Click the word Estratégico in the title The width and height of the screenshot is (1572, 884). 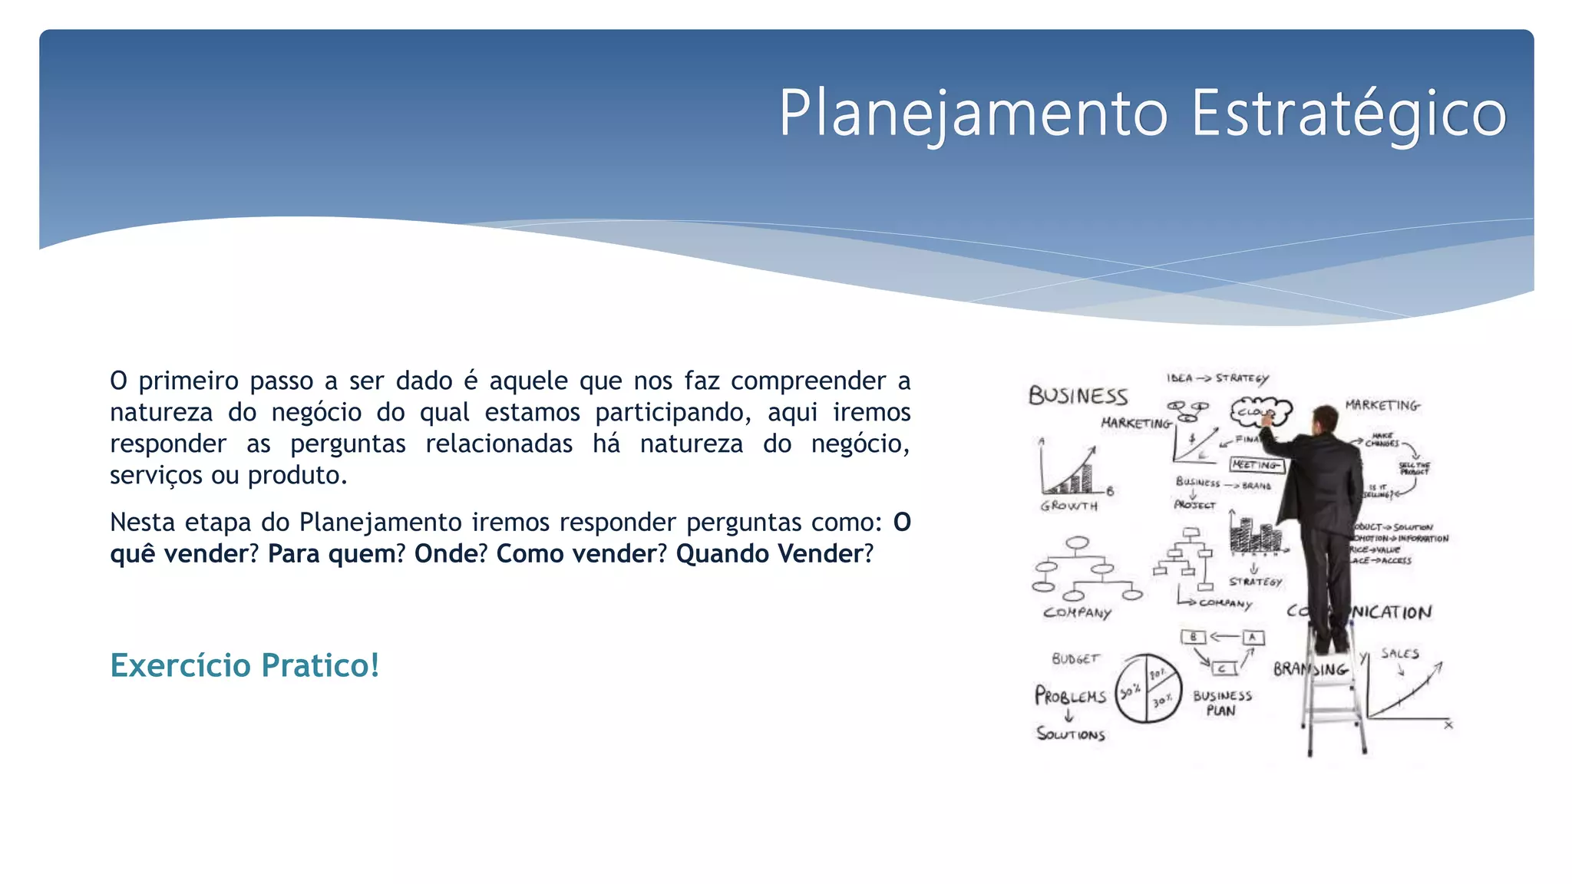[1349, 114]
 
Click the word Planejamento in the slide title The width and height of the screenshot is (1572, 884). [973, 114]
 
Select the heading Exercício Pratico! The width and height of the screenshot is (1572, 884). [245, 665]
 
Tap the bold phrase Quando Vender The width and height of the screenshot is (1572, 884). [769, 553]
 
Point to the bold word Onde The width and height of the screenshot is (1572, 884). [446, 553]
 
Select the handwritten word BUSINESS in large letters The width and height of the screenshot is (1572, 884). [1078, 396]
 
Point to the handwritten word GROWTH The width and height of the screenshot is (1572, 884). [1068, 506]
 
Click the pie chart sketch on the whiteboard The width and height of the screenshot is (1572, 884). [1148, 688]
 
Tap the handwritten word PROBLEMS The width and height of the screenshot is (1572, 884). [1070, 696]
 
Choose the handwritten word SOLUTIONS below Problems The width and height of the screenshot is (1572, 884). [1071, 734]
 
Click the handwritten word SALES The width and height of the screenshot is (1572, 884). [1400, 654]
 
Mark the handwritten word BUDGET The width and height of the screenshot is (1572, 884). [1075, 658]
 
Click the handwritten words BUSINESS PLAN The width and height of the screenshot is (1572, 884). [1222, 703]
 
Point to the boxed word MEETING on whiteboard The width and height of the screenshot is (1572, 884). [1256, 464]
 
